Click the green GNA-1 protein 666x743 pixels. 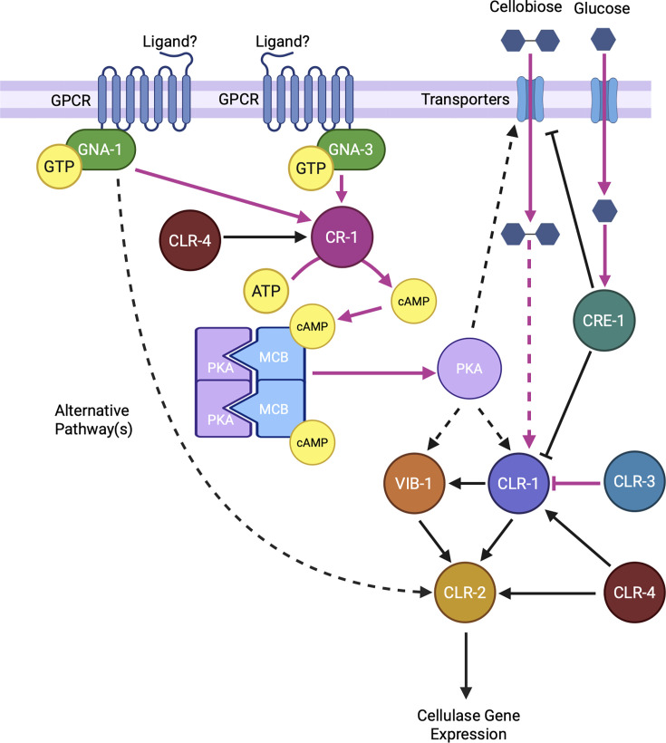[101, 150]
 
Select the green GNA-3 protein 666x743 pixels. [352, 150]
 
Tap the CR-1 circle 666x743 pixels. [342, 236]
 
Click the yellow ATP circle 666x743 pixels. [265, 291]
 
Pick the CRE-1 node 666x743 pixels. [603, 321]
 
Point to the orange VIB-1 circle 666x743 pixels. [414, 483]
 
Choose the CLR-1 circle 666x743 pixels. [518, 483]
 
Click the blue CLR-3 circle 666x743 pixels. [634, 481]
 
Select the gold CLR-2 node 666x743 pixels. [465, 593]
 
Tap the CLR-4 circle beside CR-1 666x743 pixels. [189, 241]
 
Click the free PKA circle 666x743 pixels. [469, 369]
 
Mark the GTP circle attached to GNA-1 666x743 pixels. [59, 167]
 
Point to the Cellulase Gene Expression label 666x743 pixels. [468, 725]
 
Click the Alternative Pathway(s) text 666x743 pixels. [93, 420]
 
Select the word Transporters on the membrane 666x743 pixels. [465, 100]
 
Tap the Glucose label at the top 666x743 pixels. [602, 8]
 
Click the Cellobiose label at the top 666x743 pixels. [526, 7]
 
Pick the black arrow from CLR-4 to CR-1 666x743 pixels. [265, 236]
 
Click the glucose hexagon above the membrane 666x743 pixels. [603, 39]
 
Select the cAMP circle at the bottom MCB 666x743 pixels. [313, 442]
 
